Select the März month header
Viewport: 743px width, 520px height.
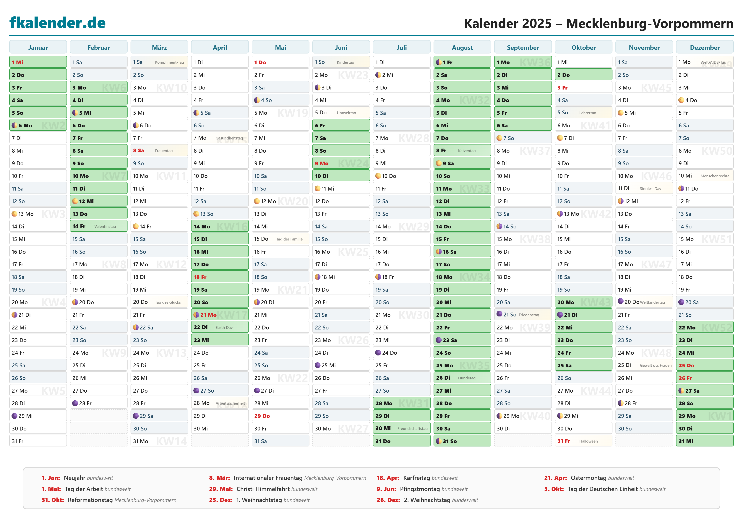[x=159, y=48]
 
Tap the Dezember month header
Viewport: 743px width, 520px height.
[x=705, y=48]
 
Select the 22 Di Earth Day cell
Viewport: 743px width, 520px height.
[x=220, y=327]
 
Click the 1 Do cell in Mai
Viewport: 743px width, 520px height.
[x=280, y=62]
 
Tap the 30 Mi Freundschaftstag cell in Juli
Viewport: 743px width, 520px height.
[x=401, y=428]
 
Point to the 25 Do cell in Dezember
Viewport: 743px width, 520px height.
[x=705, y=365]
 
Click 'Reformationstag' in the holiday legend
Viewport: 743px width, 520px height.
[x=90, y=500]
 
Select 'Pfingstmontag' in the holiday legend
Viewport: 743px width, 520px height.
[x=420, y=489]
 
